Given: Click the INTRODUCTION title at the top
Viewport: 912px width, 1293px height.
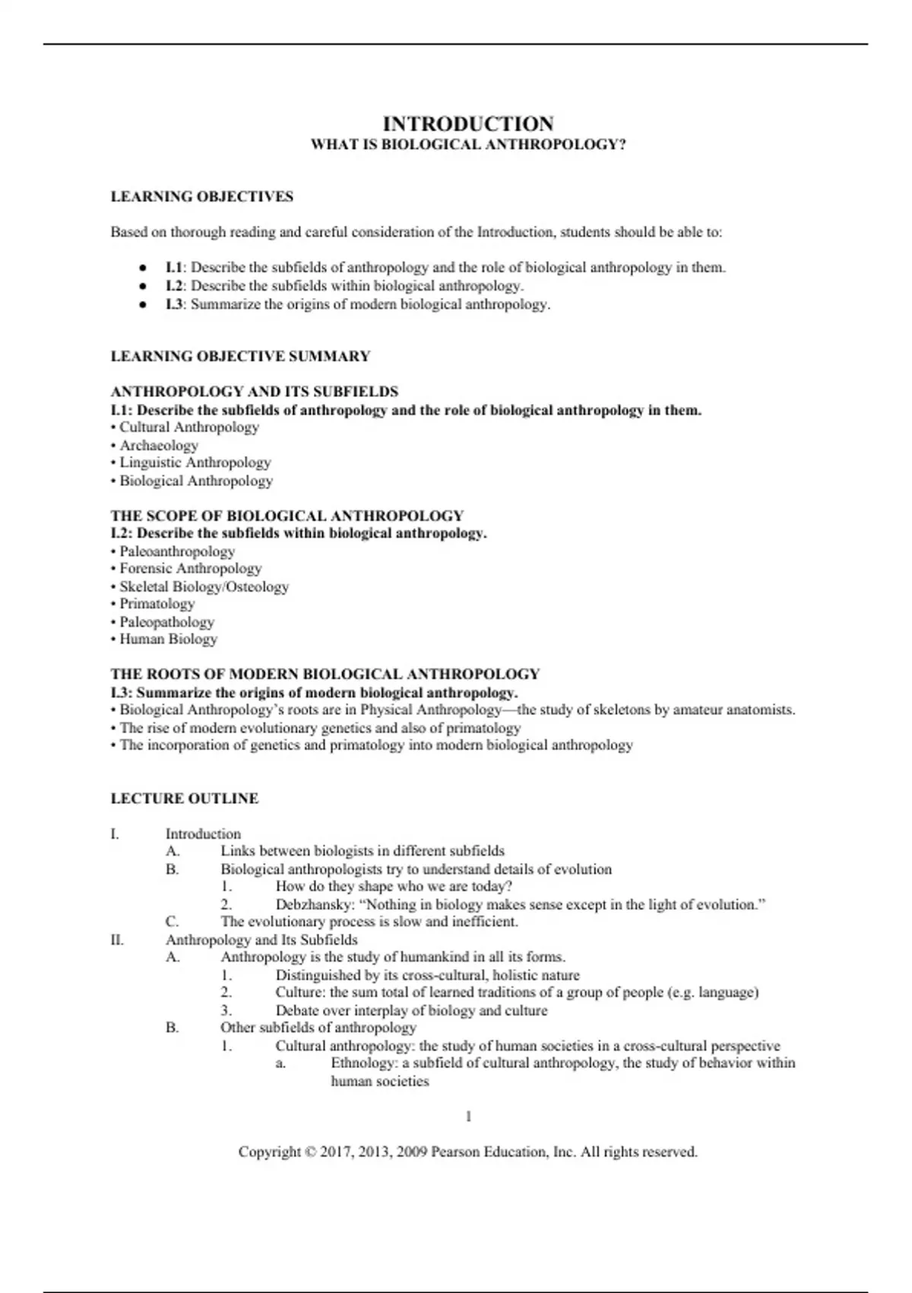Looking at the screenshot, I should coord(468,124).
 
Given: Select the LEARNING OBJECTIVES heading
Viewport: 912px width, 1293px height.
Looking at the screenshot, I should coord(202,197).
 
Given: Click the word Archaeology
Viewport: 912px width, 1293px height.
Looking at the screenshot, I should coord(159,445).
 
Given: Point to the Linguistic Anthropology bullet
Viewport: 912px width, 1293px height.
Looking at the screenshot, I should coord(195,462).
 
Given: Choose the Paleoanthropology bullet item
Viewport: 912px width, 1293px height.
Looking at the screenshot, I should coord(177,551).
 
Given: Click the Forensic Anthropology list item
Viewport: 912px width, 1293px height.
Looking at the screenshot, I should coord(190,569).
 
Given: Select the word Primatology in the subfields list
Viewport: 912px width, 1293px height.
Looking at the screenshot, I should coord(157,604).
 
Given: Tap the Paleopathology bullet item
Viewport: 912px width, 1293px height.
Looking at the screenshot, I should coord(166,622).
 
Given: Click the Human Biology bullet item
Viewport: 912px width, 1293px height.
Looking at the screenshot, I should coord(168,639).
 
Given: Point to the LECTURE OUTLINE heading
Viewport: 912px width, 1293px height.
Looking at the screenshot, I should coord(185,799).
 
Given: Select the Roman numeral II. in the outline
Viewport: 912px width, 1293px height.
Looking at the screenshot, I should coord(117,940).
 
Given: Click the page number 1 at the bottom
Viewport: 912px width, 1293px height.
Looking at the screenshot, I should coord(468,1117).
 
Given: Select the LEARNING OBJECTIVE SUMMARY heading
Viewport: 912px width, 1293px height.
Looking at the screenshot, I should coord(241,356).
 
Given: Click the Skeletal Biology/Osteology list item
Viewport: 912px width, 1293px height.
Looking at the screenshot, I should coord(204,586).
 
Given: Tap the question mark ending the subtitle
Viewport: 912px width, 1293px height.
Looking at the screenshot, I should coord(622,145).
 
